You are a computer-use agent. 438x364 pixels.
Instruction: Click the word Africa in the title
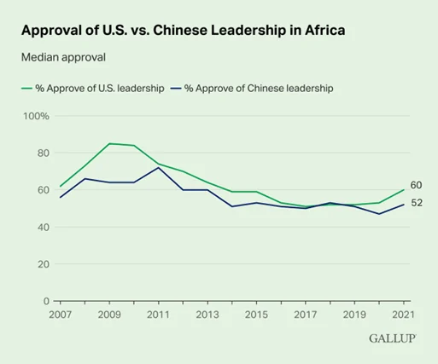pos(325,30)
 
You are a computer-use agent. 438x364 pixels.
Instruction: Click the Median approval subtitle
pos(63,57)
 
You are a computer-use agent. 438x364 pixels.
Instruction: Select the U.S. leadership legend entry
pos(93,88)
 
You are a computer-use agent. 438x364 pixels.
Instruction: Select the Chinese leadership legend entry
pos(252,88)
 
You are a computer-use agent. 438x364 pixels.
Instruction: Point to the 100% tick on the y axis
pos(36,116)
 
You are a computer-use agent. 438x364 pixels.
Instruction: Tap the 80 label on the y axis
pos(44,153)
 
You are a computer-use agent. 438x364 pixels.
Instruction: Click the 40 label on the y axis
pos(44,228)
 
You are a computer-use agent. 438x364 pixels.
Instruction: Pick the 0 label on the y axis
pos(46,301)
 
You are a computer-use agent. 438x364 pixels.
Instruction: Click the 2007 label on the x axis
pos(61,315)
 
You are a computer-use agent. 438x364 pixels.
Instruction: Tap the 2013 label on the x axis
pos(207,315)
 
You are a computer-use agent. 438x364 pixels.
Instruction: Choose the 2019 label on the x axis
pos(354,315)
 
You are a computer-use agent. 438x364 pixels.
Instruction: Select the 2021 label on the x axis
pos(404,315)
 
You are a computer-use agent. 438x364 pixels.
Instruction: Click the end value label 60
pos(416,185)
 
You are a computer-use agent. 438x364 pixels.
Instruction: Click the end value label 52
pos(417,203)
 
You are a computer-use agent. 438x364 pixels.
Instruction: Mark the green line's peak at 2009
pos(109,143)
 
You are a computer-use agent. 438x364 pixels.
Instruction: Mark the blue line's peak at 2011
pos(159,168)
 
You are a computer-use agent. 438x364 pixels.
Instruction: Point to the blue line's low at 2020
pos(379,214)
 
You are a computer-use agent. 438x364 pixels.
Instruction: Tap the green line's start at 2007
pos(61,187)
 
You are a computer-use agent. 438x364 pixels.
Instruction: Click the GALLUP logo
pos(393,338)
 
